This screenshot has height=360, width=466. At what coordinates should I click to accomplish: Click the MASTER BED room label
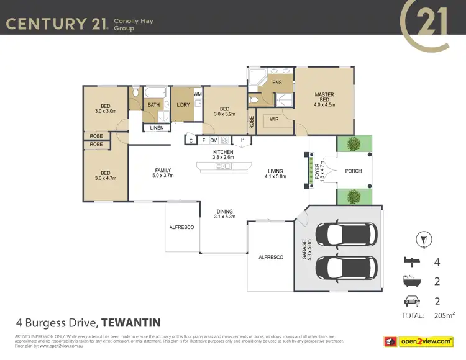[x=324, y=97]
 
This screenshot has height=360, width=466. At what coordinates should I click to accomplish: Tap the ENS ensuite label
[x=277, y=82]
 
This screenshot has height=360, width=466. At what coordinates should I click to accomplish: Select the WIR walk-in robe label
[x=274, y=119]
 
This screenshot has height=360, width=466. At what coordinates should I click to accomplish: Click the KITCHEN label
[x=223, y=152]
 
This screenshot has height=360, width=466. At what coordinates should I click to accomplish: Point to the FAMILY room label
[x=163, y=171]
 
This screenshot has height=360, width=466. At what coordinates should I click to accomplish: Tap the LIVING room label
[x=275, y=171]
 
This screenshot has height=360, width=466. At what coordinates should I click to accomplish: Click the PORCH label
[x=354, y=171]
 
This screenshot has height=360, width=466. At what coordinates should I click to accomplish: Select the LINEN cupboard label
[x=157, y=128]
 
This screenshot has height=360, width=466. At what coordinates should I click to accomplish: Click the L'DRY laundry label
[x=183, y=105]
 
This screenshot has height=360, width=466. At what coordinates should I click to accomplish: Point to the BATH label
[x=153, y=105]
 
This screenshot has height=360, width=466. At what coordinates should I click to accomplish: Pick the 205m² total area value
[x=444, y=315]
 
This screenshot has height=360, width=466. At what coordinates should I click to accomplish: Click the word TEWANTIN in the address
[x=131, y=323]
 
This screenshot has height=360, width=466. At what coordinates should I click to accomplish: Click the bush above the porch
[x=354, y=144]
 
